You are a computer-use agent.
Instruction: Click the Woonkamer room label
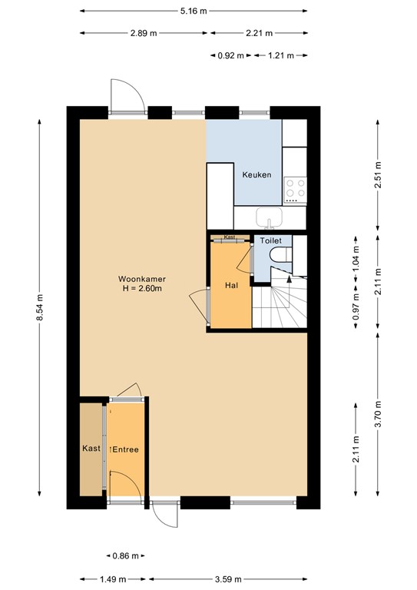tap(142, 279)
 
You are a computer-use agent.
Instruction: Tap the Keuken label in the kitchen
tap(256, 174)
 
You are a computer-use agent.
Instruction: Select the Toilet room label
tap(271, 240)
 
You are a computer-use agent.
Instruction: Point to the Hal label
tap(232, 285)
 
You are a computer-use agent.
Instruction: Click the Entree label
tap(124, 449)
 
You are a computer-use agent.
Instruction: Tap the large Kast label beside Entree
tap(91, 448)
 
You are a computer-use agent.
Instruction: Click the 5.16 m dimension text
tap(194, 11)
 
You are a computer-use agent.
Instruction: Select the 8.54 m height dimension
tap(39, 307)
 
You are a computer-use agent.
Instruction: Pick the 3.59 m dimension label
tap(227, 578)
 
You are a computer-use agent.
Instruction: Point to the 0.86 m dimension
tap(126, 555)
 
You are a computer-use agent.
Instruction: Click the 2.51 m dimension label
tap(378, 175)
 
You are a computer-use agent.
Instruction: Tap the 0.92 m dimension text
tap(231, 55)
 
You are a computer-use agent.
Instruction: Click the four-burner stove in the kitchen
tap(295, 191)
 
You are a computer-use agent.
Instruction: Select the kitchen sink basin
tap(270, 217)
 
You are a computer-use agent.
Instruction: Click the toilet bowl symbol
tap(281, 254)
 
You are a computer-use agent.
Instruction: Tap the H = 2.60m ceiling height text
tap(142, 289)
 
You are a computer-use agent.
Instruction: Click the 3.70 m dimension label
tap(378, 414)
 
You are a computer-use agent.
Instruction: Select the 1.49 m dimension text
tap(113, 578)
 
